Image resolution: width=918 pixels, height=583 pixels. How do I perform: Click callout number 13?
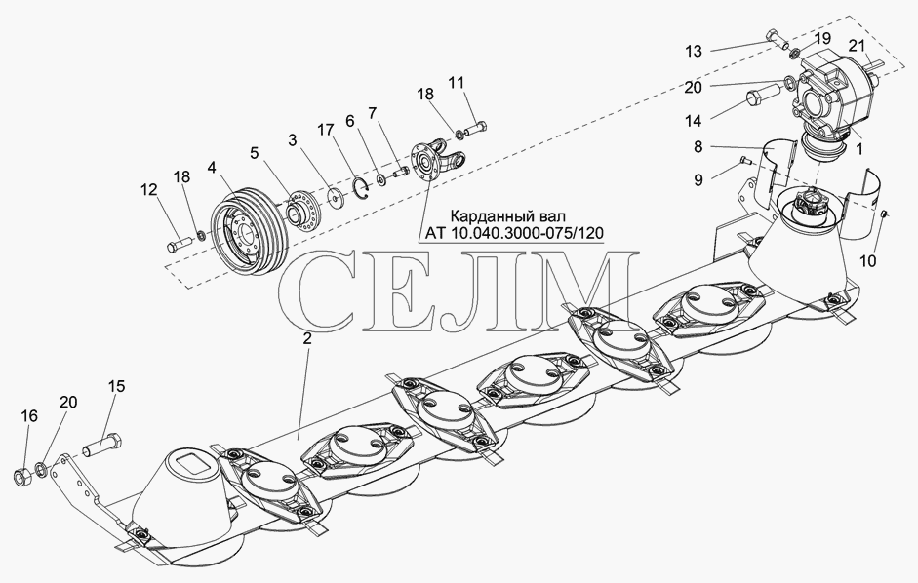tap(694, 52)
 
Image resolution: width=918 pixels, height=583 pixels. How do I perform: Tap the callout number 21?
tap(857, 45)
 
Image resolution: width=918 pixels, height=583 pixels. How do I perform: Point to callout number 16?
tap(29, 416)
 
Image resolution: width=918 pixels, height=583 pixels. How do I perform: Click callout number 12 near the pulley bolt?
tap(148, 190)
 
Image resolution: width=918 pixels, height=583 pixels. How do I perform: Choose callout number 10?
tap(868, 261)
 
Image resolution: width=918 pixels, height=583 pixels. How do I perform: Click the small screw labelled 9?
tap(747, 159)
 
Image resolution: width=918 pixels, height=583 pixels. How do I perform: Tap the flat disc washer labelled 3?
tap(337, 198)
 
